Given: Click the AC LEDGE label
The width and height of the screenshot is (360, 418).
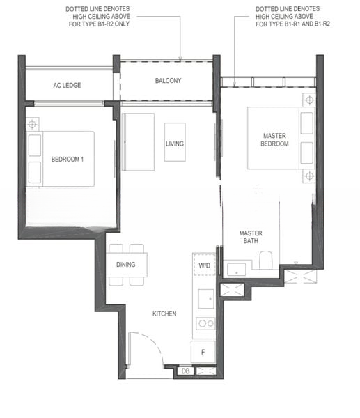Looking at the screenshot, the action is [67, 85].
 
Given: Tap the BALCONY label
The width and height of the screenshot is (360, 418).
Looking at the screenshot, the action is [168, 81].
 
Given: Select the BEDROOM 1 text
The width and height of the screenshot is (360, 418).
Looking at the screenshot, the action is [68, 160].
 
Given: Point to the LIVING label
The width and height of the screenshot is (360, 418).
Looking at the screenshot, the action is [175, 144].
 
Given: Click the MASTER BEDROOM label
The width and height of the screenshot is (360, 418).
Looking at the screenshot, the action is [274, 140].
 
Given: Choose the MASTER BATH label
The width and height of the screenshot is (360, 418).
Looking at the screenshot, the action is [251, 237].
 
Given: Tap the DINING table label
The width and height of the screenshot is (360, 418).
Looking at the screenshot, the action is [126, 265].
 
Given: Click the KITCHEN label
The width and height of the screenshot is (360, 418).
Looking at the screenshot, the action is [164, 313].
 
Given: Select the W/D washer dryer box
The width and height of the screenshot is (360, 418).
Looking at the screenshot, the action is [205, 265].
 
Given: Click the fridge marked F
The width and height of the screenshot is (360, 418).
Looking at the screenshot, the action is [203, 352].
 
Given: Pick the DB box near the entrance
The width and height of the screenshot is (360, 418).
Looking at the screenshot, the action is [186, 371].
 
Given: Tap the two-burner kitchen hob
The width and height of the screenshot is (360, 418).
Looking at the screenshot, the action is [205, 324].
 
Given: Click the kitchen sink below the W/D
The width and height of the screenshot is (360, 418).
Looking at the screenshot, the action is [206, 299].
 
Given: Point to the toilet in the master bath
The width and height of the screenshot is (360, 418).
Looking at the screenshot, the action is [266, 260].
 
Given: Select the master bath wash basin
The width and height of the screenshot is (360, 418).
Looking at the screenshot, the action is [237, 270].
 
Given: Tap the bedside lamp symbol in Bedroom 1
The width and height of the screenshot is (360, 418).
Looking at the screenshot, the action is [32, 124].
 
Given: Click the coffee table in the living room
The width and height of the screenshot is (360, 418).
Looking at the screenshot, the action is [175, 142].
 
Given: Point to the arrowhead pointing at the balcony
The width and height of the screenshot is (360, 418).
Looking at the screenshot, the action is [180, 59].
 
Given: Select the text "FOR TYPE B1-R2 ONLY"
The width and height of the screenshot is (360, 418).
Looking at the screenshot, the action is [99, 24].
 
